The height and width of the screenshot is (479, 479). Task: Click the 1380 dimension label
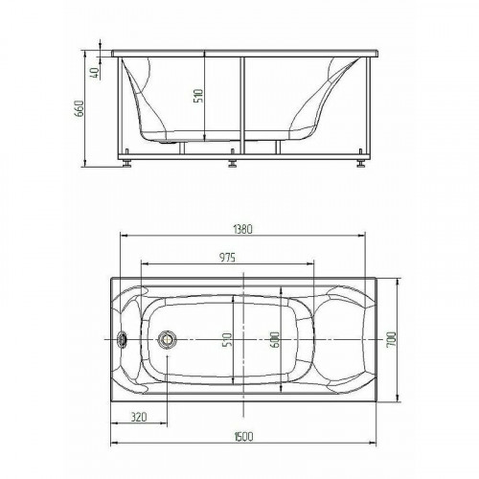(x=243, y=229)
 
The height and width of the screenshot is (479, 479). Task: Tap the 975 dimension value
(x=227, y=257)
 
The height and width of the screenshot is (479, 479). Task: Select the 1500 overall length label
(x=243, y=436)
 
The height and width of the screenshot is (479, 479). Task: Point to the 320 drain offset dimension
(x=139, y=417)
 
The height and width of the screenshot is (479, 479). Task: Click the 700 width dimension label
(x=392, y=339)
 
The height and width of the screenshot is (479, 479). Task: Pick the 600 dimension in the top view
(x=275, y=340)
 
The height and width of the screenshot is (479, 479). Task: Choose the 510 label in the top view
(x=227, y=340)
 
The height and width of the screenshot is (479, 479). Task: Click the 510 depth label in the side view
(x=198, y=96)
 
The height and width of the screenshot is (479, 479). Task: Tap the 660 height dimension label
(x=79, y=108)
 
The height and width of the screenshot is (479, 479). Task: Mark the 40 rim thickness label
(x=96, y=73)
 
